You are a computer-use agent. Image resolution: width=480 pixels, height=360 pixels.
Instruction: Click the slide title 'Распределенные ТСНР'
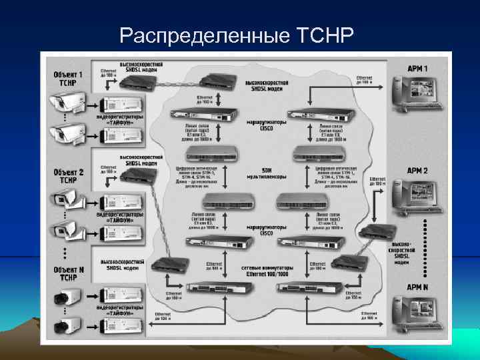(233, 34)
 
